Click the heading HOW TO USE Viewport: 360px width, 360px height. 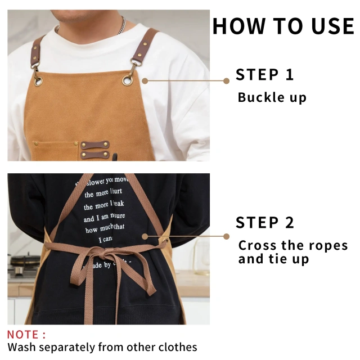click(x=283, y=26)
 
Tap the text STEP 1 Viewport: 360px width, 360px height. click(x=264, y=75)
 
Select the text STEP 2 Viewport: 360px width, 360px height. click(x=264, y=223)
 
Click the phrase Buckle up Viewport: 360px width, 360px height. click(x=272, y=97)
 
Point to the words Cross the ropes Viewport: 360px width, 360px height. click(x=293, y=246)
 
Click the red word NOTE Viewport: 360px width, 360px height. click(x=26, y=335)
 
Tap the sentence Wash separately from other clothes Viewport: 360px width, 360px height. click(x=102, y=348)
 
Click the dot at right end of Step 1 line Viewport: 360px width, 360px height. click(x=226, y=80)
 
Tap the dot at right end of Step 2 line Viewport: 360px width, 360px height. click(x=226, y=237)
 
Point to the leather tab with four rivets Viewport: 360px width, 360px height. click(x=94, y=149)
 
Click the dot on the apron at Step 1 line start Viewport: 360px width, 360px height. click(x=145, y=80)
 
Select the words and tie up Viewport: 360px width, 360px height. click(x=273, y=259)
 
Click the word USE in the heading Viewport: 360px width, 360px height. click(x=330, y=26)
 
